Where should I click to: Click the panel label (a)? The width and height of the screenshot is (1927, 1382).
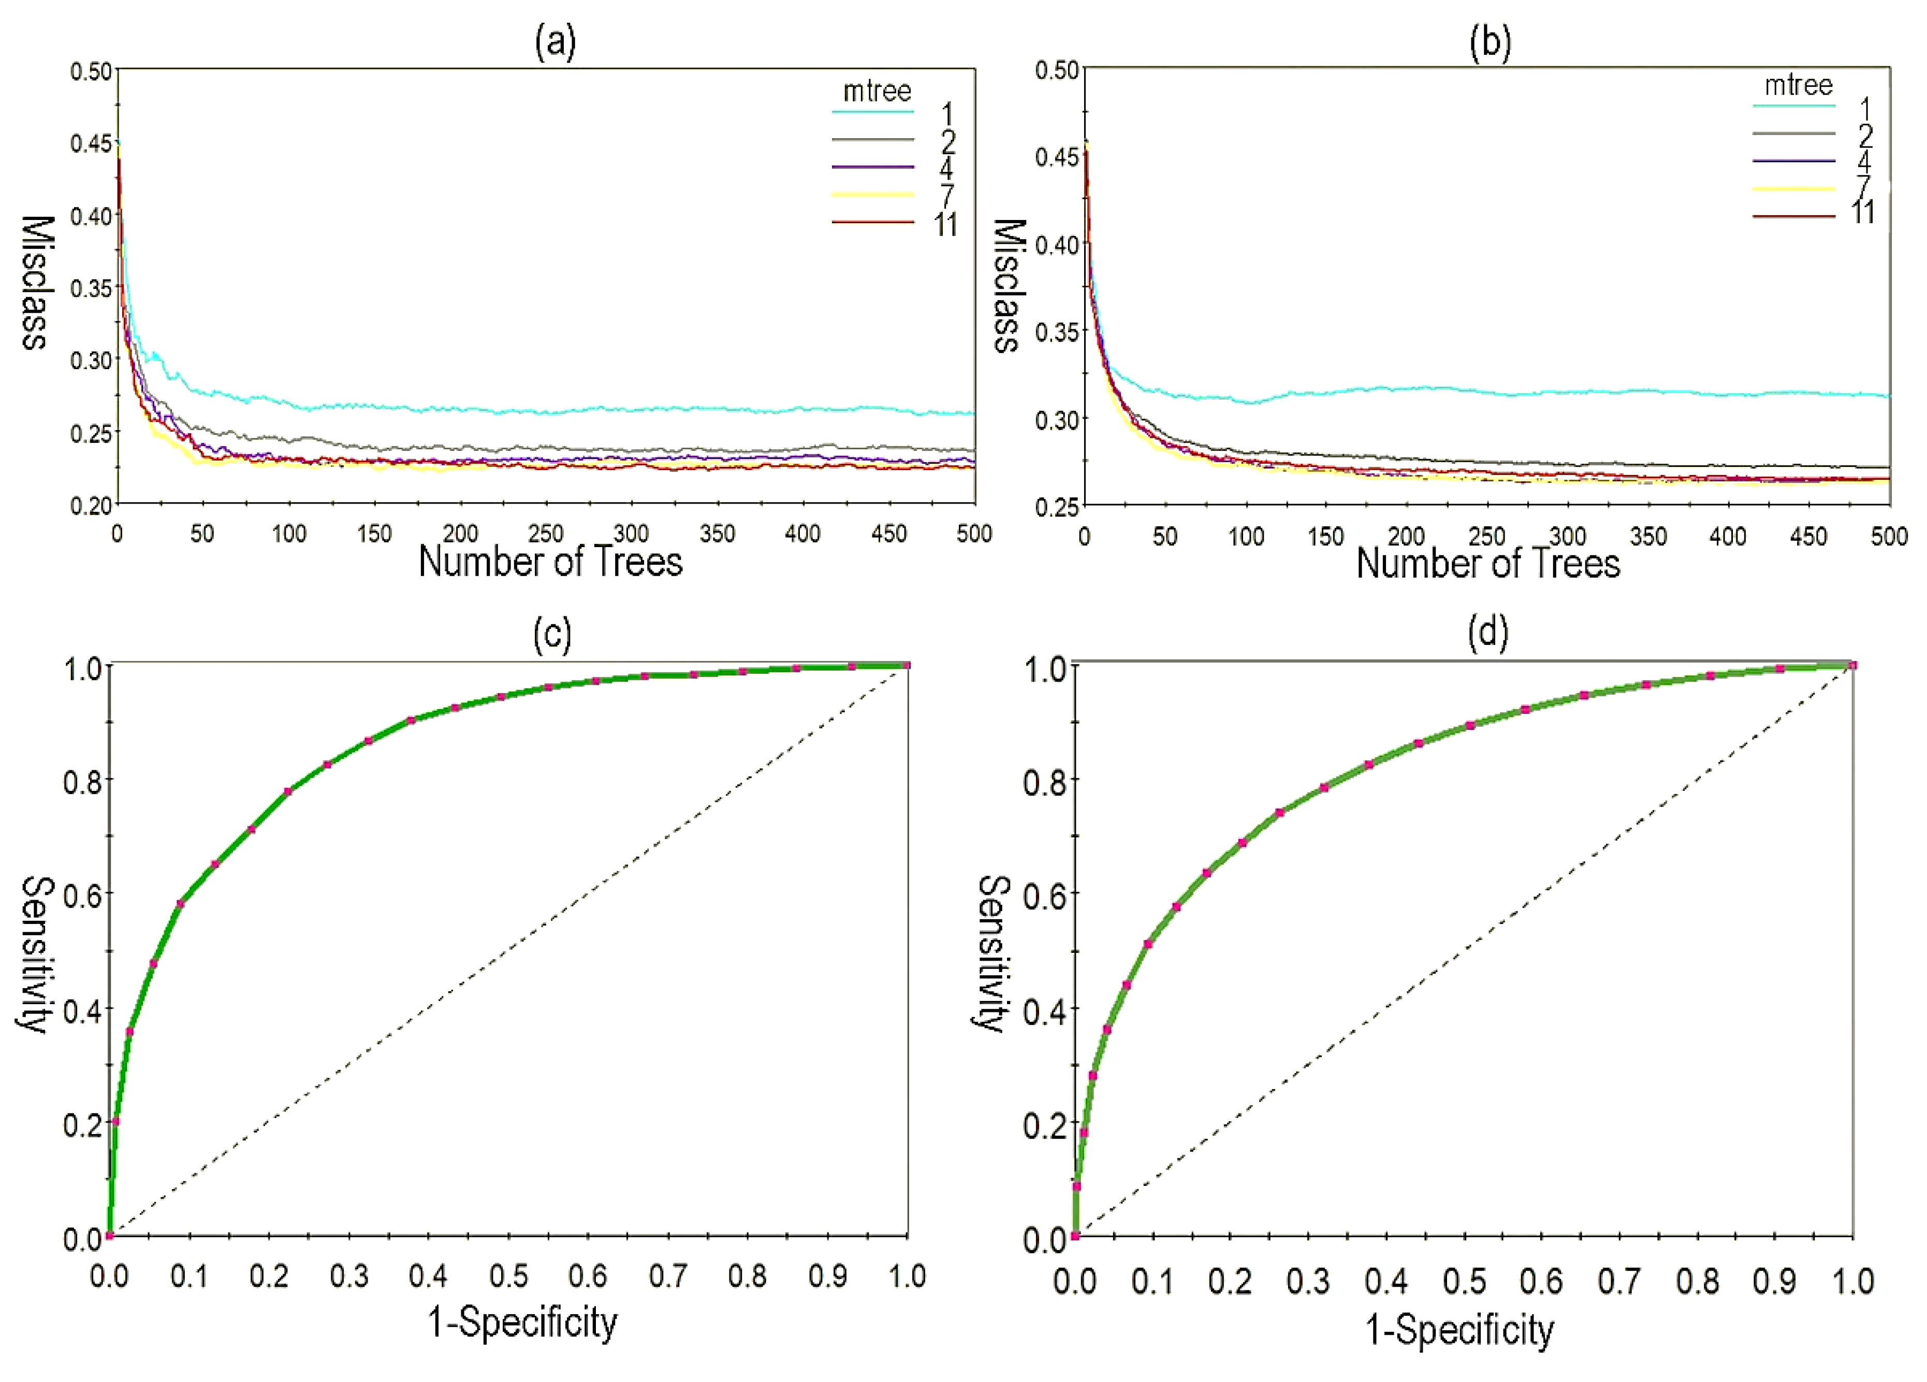click(555, 41)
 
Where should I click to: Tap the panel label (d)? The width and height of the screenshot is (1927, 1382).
click(1488, 633)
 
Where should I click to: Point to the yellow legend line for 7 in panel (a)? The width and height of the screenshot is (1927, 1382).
click(872, 195)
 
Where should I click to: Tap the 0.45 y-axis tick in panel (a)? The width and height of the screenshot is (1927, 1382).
click(91, 143)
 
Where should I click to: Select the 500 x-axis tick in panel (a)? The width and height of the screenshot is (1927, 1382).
click(974, 534)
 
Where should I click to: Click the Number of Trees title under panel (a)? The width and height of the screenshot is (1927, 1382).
click(550, 562)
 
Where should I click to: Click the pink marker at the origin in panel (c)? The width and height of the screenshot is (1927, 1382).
click(110, 1235)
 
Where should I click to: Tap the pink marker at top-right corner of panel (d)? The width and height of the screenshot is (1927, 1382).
click(1853, 665)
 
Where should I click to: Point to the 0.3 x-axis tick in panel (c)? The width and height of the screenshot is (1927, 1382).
click(348, 1276)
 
